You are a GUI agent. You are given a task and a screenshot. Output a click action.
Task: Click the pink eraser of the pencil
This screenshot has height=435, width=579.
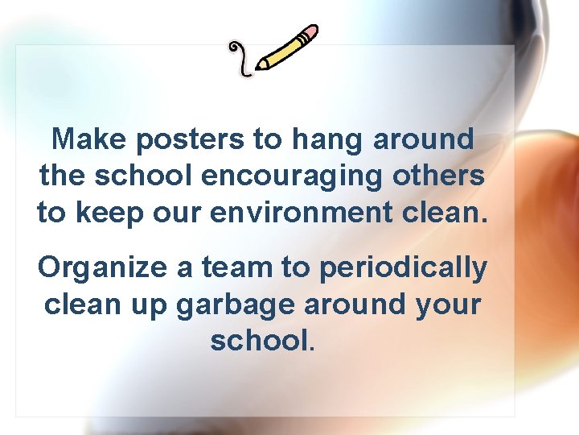click(x=309, y=33)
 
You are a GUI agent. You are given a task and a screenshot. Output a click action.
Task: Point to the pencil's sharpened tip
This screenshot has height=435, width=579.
click(x=259, y=67)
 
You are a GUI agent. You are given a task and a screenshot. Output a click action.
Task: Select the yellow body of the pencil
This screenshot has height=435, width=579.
click(x=282, y=51)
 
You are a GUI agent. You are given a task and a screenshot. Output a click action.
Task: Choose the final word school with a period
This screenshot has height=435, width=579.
click(x=261, y=341)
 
